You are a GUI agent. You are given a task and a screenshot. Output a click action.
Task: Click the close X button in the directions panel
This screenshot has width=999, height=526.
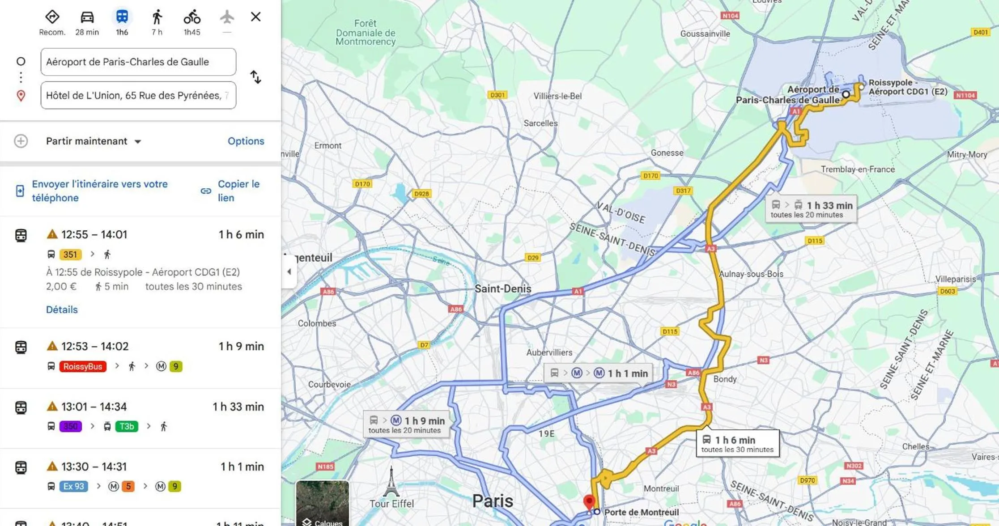click(255, 17)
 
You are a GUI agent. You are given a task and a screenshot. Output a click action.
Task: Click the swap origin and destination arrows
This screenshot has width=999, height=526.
click(255, 77)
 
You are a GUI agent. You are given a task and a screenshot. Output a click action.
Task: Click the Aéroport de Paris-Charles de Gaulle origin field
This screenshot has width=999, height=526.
click(138, 62)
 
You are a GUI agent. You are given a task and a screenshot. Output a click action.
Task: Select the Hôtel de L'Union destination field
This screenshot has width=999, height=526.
click(138, 95)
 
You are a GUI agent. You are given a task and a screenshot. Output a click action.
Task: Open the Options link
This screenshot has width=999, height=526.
click(246, 141)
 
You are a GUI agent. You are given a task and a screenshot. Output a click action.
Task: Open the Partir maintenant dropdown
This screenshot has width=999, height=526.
click(94, 141)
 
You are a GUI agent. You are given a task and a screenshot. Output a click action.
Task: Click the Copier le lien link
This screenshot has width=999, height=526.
click(238, 191)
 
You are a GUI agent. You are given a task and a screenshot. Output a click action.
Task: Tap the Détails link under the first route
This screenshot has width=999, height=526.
click(62, 310)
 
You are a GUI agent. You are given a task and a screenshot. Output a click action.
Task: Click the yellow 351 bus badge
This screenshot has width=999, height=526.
click(70, 255)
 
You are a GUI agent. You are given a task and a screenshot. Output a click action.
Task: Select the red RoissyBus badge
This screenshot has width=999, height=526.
click(83, 366)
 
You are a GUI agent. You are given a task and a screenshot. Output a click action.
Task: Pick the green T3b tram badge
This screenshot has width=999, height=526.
click(127, 426)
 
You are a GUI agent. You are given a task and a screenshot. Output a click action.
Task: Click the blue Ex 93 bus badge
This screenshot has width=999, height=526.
click(73, 486)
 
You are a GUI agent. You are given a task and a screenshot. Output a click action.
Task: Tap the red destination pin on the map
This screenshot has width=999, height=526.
click(589, 502)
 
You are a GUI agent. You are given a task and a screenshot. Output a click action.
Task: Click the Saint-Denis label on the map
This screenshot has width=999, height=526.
click(503, 288)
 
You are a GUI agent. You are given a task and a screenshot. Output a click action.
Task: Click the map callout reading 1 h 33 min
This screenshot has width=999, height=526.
click(811, 209)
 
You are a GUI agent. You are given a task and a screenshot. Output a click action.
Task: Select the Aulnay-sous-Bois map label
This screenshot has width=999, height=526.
click(751, 274)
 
